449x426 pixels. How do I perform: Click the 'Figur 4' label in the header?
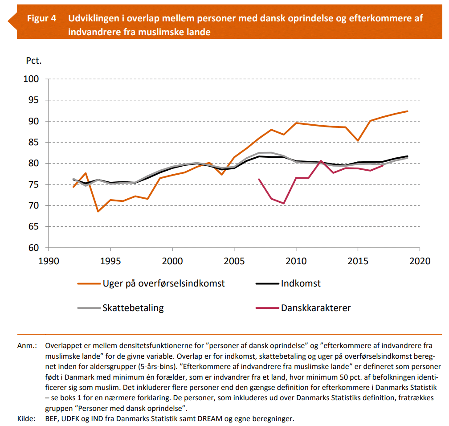click(x=41, y=18)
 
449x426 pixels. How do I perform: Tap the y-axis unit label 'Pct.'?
click(x=34, y=61)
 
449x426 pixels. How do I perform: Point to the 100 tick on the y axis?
click(x=31, y=79)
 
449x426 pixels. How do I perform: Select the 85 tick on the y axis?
click(x=33, y=142)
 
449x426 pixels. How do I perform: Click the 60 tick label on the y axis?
click(x=33, y=247)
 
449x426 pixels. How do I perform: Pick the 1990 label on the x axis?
click(x=49, y=261)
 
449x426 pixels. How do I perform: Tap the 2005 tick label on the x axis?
click(x=234, y=261)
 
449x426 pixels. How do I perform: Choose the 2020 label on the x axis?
click(x=420, y=261)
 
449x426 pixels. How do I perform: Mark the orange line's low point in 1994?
click(x=98, y=211)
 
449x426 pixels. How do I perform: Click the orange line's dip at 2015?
click(x=358, y=141)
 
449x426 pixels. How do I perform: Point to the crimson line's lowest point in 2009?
click(x=284, y=203)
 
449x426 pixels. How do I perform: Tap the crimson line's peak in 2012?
click(x=321, y=161)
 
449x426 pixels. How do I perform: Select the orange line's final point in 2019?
click(x=408, y=111)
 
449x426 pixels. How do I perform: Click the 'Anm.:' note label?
click(x=27, y=345)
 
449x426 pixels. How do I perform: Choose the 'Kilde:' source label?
click(x=26, y=418)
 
